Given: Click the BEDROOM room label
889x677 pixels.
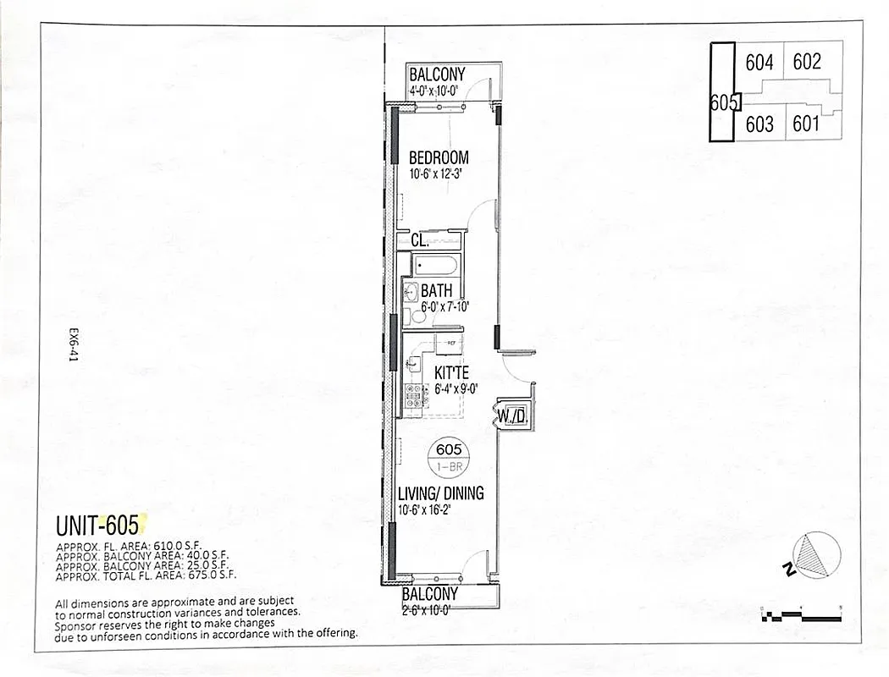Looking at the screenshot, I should pos(439,158).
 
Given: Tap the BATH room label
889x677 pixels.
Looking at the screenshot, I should pos(437,292).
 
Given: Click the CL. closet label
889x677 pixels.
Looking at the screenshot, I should pos(419,241).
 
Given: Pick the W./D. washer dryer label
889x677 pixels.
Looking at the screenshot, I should pos(512,416).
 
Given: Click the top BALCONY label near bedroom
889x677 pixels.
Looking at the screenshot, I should pos(437,75).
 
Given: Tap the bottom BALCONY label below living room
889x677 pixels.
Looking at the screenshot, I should pos(429,594).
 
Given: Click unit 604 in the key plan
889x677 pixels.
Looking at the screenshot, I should pos(759,63).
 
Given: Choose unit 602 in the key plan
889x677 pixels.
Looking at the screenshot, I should pos(807,62).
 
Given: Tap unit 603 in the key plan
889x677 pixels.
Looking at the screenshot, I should pos(759,124).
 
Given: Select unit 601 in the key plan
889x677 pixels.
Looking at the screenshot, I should pos(806,124).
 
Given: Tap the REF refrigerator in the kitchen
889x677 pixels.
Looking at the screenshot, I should pos(451,343).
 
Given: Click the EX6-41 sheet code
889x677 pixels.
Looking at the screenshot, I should pos(74,346).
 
